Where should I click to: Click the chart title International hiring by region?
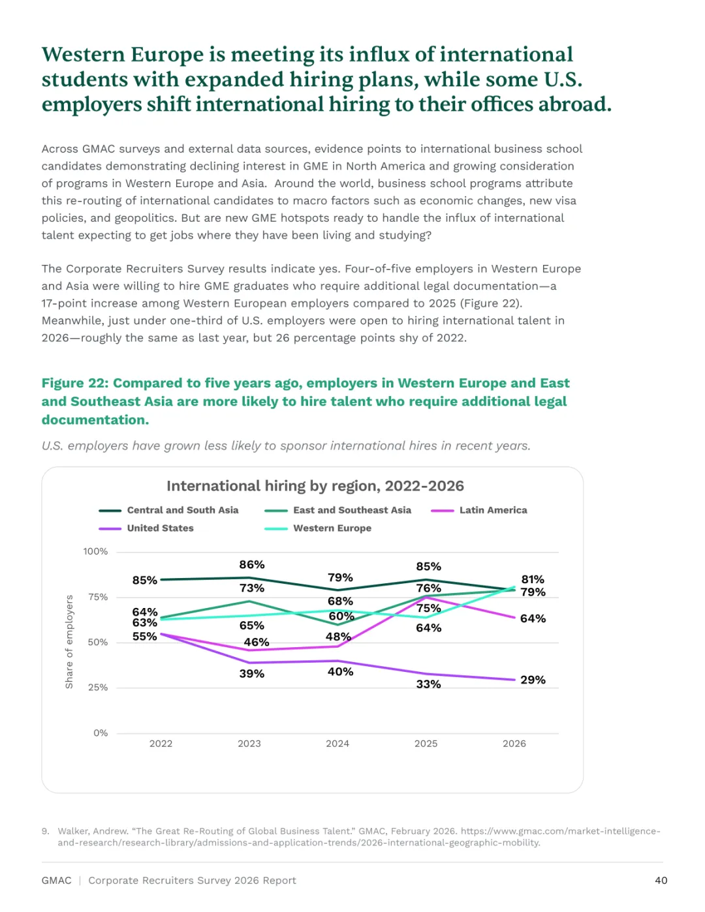pos(315,485)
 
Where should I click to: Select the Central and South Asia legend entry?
pos(168,510)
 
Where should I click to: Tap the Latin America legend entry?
pos(478,510)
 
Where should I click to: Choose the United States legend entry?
pos(146,528)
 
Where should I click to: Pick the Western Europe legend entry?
pos(318,528)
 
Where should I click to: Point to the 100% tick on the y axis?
pos(95,551)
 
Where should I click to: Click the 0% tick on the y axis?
pos(101,733)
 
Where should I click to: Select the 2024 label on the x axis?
pos(337,744)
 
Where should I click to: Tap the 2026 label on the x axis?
pos(514,744)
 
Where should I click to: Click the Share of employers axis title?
pos(69,642)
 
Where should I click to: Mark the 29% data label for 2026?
pos(533,680)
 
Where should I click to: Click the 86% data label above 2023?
pos(252,564)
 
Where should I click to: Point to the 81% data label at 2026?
pos(533,579)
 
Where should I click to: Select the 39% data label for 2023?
pos(252,674)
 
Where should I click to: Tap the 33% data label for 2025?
pos(429,684)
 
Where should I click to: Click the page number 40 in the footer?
pos(661,881)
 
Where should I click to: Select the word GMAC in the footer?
pos(56,881)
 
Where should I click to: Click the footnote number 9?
pos(45,831)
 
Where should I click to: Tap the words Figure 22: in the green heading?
pos(75,383)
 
